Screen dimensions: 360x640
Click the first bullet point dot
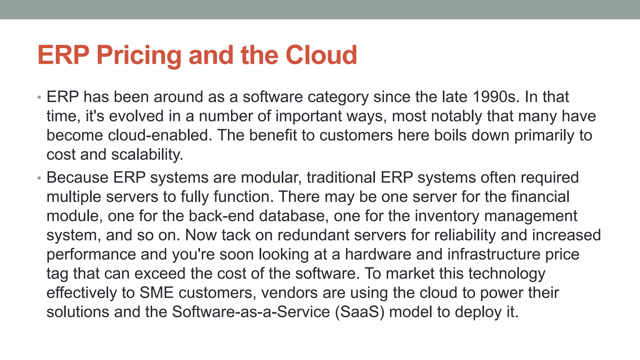pyautogui.click(x=39, y=97)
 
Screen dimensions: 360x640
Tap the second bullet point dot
pyautogui.click(x=39, y=178)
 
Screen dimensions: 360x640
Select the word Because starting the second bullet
pyautogui.click(x=77, y=177)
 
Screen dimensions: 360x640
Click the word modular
pyautogui.click(x=271, y=177)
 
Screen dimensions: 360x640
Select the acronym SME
pyautogui.click(x=156, y=293)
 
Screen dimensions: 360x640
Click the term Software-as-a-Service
pyautogui.click(x=251, y=312)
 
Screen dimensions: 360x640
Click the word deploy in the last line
pyautogui.click(x=478, y=312)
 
